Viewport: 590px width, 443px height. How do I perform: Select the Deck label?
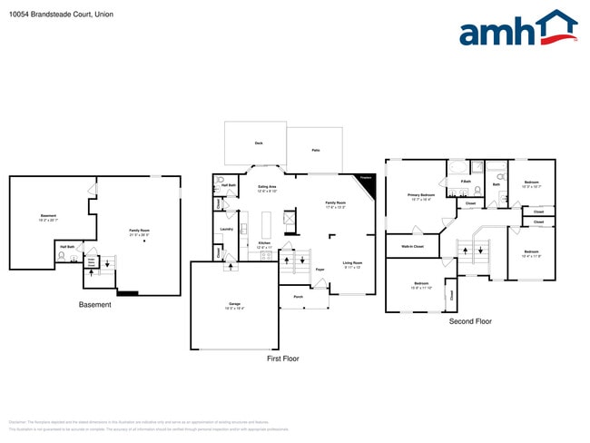258,143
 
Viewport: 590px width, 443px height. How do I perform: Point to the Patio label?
315,149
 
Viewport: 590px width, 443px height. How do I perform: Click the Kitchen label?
264,244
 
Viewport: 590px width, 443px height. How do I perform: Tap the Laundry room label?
226,229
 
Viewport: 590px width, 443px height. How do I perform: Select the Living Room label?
351,265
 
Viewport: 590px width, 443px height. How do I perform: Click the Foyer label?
320,270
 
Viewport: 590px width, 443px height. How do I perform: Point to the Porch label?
298,297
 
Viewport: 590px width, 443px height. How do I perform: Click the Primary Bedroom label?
420,196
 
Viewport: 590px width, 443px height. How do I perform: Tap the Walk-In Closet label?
413,246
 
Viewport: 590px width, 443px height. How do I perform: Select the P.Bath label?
465,182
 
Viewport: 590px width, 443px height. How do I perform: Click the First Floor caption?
282,359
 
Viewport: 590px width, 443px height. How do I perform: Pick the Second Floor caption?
470,321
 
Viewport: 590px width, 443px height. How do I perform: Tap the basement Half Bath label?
67,247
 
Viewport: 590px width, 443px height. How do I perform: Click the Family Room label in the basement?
139,231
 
